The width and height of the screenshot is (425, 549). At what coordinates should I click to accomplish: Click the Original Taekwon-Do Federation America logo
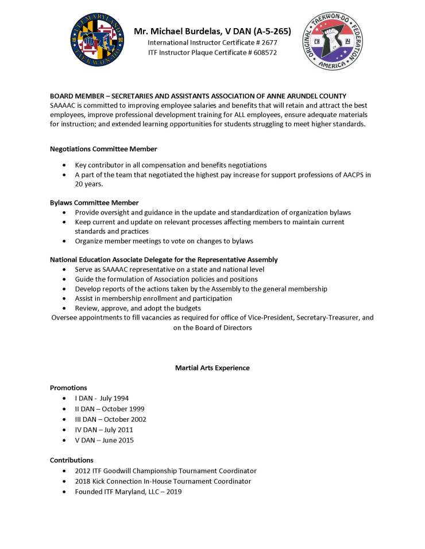[x=333, y=41]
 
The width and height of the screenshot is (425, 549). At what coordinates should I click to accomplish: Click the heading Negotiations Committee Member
[x=103, y=149]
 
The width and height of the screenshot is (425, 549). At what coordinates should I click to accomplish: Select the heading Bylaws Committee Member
[x=94, y=203]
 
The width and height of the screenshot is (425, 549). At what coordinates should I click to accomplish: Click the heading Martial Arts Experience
[x=212, y=368]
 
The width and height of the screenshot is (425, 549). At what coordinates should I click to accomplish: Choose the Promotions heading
[x=68, y=388]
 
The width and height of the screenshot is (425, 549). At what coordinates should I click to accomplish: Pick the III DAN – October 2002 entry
[x=110, y=419]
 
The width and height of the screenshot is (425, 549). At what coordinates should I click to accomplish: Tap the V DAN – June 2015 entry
[x=104, y=441]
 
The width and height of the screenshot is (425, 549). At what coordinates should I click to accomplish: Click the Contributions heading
[x=71, y=460]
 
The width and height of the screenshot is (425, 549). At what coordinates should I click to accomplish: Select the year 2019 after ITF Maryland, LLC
[x=173, y=492]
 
